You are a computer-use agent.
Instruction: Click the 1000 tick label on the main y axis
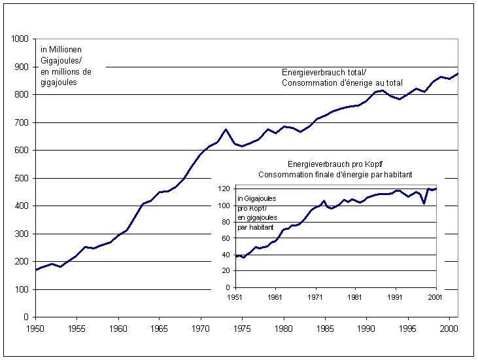tap(19, 39)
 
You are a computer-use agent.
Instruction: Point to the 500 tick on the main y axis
tap(22, 178)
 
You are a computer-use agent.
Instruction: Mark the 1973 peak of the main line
tap(226, 130)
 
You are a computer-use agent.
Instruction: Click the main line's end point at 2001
tap(458, 73)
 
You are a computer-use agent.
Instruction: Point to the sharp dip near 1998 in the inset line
tap(424, 204)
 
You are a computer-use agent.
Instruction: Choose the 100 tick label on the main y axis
tap(22, 289)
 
